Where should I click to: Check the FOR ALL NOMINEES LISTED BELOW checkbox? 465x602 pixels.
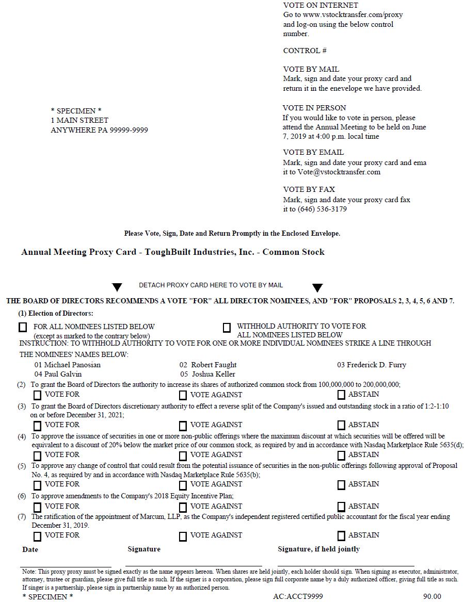pos(23,327)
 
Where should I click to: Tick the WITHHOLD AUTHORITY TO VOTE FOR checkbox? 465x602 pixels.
pos(227,328)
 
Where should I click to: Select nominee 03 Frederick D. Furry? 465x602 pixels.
pos(372,365)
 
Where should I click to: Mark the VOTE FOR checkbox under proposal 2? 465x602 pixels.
pos(38,396)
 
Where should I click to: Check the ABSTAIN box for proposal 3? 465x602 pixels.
pos(341,426)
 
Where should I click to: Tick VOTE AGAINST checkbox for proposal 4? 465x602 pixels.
pos(183,455)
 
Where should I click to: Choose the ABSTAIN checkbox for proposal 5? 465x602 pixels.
pos(341,485)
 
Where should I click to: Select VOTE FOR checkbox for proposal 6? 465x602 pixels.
pos(38,507)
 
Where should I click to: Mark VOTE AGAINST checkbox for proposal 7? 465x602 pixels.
pos(183,536)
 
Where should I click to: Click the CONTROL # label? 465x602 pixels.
pos(304,51)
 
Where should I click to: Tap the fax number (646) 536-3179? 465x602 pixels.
pos(322,209)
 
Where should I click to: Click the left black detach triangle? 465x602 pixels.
pos(117,287)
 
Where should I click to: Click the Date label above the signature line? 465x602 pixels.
pos(30,549)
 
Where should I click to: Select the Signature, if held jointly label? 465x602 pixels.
pos(318,549)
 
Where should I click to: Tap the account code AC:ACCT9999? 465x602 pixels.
pos(298,596)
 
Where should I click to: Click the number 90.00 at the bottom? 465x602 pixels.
pos(432,596)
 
